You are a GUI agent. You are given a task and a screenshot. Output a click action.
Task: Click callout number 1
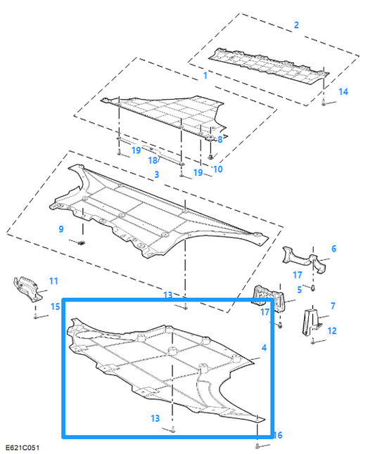point(205,75)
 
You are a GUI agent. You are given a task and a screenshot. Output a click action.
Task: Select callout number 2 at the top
point(296,25)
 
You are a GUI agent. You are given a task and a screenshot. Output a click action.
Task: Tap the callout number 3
point(156,174)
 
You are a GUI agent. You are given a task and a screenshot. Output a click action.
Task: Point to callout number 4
point(264,348)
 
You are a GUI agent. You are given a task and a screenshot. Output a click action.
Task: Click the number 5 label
point(299,290)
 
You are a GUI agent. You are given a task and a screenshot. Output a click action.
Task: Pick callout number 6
point(333,249)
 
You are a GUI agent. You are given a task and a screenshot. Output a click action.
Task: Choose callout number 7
point(333,306)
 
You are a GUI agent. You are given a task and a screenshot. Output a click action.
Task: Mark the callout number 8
point(220,140)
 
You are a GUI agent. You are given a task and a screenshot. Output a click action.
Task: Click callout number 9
point(61,229)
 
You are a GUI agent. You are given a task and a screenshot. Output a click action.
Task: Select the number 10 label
point(217,169)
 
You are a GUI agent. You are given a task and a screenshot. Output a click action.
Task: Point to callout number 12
point(332,330)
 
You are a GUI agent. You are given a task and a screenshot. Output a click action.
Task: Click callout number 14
point(343,91)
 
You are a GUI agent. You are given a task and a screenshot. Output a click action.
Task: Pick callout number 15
point(55,306)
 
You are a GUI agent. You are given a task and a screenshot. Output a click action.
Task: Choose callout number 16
point(277,435)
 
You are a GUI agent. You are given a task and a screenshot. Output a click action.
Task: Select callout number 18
point(151,161)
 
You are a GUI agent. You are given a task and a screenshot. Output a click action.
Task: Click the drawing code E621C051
point(23,447)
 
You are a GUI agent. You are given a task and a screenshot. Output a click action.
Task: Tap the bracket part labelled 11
point(27,289)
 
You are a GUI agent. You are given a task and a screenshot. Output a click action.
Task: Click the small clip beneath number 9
point(82,243)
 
